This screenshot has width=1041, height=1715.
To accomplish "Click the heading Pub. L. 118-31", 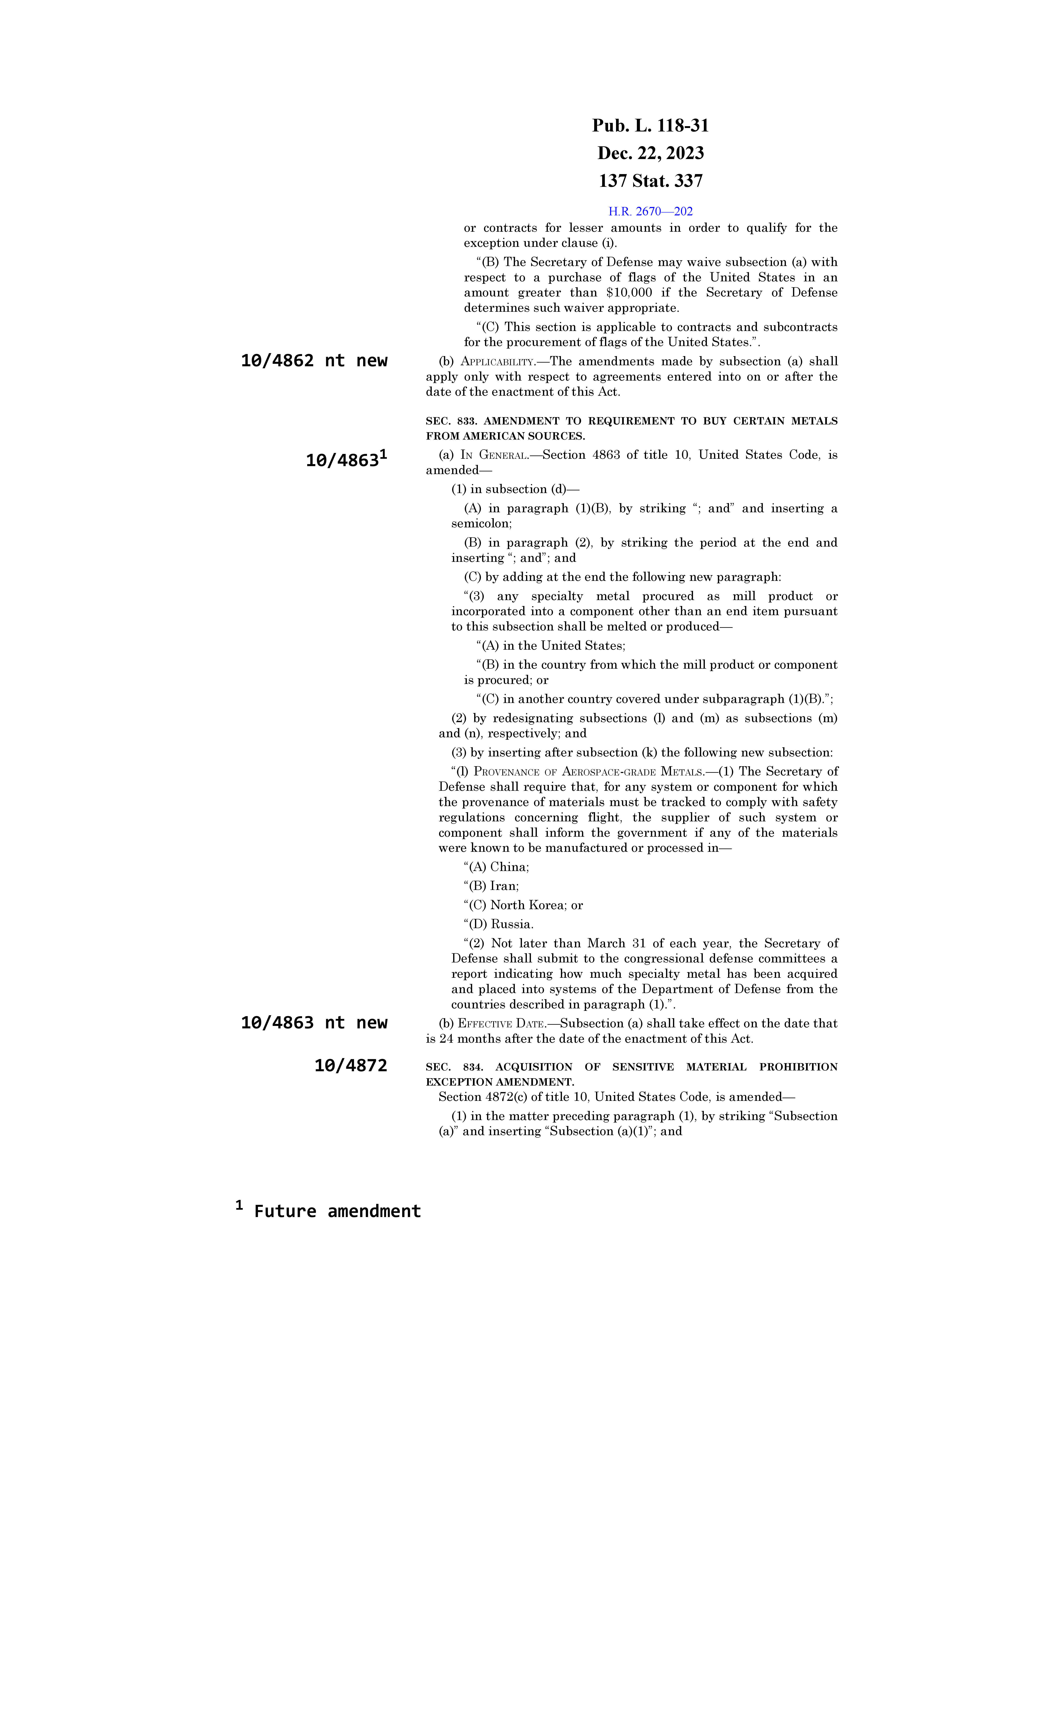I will [650, 126].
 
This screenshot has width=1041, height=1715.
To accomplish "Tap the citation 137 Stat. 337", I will [650, 181].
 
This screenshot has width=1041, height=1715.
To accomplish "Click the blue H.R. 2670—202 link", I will [650, 212].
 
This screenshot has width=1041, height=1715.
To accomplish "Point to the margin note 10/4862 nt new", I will [314, 361].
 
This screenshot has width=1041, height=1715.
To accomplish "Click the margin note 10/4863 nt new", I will [314, 1022].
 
